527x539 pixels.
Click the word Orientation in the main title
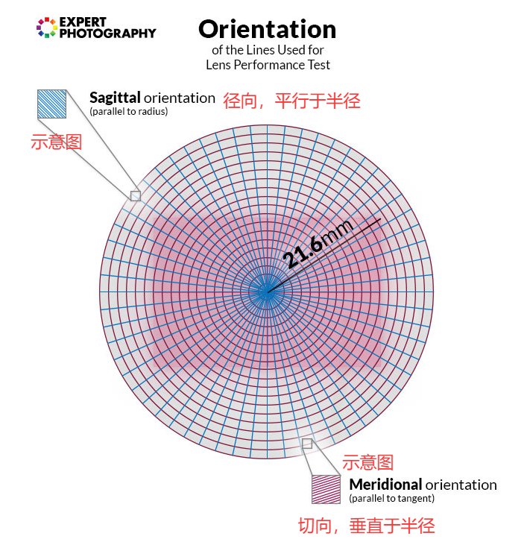coord(267,30)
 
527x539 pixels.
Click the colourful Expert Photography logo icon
coord(47,28)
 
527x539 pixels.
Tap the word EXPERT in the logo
coord(83,22)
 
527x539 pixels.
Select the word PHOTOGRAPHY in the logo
coord(107,34)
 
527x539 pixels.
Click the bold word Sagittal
coord(115,98)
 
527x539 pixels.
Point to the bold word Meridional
coord(385,485)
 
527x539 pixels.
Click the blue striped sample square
coord(51,104)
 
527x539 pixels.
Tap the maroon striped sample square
coord(326,489)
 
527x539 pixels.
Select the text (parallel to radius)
coord(128,111)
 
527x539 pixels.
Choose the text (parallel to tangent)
coord(391,498)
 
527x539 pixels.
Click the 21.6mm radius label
coord(318,243)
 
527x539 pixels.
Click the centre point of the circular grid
coord(266,291)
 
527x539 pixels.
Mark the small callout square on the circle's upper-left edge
coord(136,196)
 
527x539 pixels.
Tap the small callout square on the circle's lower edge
coord(307,444)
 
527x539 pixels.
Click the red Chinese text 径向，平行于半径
coord(291,101)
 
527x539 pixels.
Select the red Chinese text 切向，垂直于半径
coord(367,526)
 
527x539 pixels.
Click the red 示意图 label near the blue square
coord(57,142)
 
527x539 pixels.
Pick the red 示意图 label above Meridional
coord(367,462)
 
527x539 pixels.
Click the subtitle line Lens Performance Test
coord(268,65)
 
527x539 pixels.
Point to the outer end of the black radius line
coord(381,218)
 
